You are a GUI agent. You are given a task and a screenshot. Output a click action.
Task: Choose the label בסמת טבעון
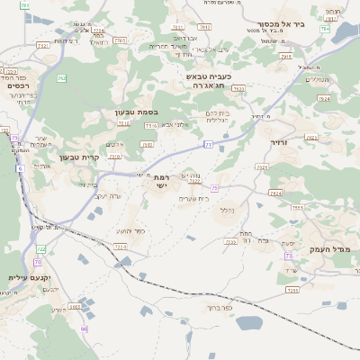click(136, 112)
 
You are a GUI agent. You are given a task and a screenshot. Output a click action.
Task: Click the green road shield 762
click(62, 78)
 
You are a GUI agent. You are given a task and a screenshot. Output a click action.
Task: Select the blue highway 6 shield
click(20, 168)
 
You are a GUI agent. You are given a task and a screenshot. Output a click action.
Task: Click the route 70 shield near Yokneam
click(38, 262)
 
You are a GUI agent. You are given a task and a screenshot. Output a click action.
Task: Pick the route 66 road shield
click(84, 328)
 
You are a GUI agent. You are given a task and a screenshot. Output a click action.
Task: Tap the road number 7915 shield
click(285, 56)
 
